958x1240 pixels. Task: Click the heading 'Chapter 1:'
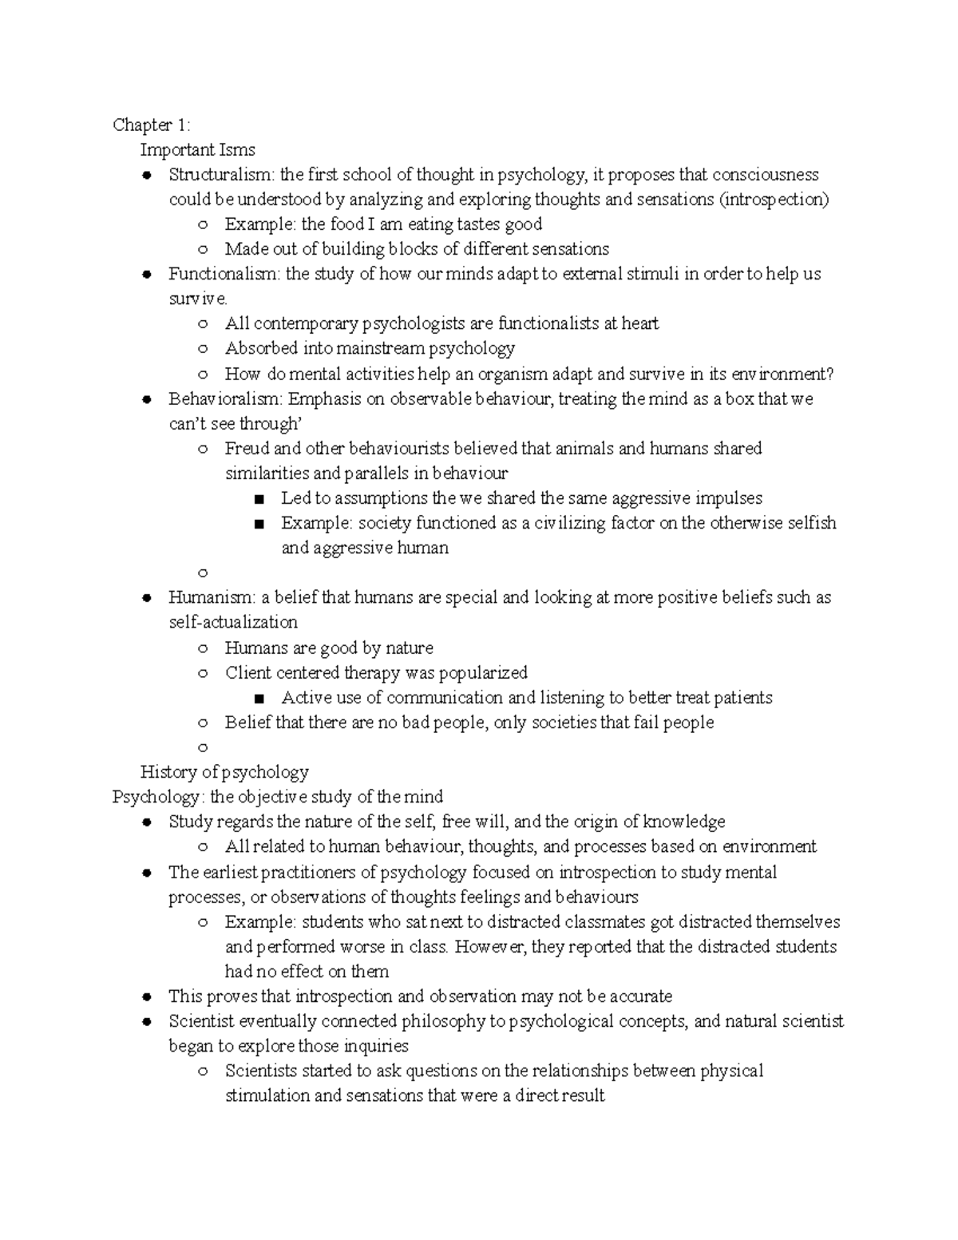[152, 125]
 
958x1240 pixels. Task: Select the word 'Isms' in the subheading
[239, 149]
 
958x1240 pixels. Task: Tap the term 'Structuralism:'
[221, 175]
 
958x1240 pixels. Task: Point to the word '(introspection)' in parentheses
[774, 200]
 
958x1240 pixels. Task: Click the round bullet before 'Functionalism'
[146, 275]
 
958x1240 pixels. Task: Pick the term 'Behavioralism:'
[226, 398]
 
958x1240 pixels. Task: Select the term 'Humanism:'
[212, 597]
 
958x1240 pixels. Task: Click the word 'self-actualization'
[233, 622]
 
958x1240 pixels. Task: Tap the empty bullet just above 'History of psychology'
[203, 748]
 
